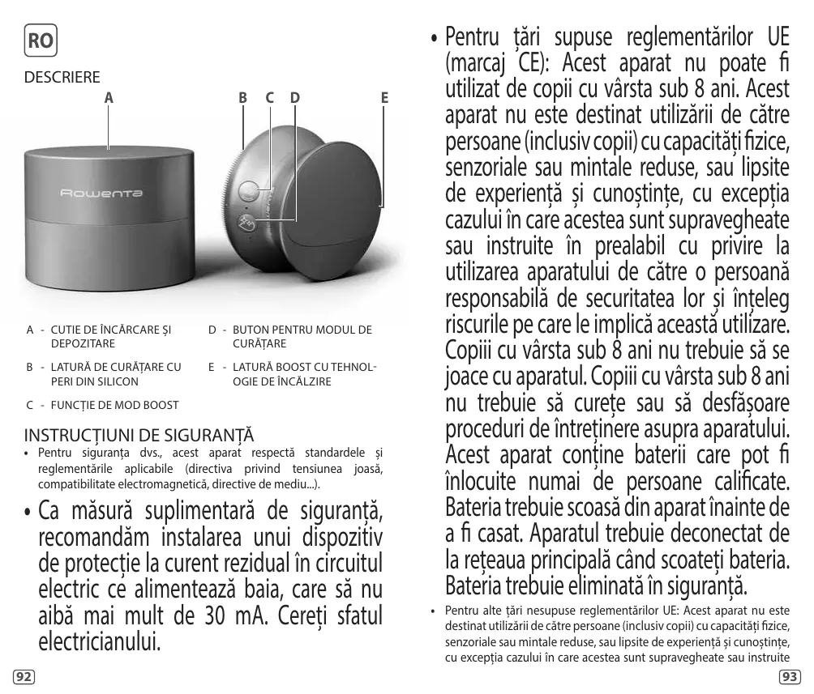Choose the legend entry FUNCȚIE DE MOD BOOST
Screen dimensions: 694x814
[x=114, y=404]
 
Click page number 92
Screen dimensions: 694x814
[x=25, y=675]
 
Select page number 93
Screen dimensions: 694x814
[x=789, y=675]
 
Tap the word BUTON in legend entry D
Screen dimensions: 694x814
[x=250, y=330]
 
